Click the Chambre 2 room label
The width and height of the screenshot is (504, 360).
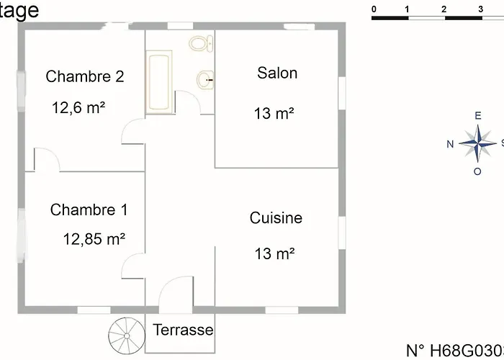(85, 76)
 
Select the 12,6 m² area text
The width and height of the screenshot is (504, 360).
(78, 107)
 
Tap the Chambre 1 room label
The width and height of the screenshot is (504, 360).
(89, 210)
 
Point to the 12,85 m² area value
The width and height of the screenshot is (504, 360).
(94, 238)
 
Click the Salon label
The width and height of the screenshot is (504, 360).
(277, 73)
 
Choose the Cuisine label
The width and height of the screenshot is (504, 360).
(276, 217)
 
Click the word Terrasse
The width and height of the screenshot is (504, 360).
(183, 330)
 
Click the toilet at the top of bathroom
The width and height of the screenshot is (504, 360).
(199, 42)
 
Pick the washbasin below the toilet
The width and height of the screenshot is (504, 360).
(204, 79)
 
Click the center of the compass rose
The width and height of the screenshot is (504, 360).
(476, 143)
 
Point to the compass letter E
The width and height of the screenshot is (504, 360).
(477, 116)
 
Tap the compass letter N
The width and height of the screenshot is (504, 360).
(450, 143)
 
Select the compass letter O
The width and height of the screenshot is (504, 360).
(477, 171)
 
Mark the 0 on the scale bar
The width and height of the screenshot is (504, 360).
(374, 9)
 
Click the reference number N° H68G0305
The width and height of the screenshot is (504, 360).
(454, 351)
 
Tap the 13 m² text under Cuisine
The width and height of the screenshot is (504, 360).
(274, 253)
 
